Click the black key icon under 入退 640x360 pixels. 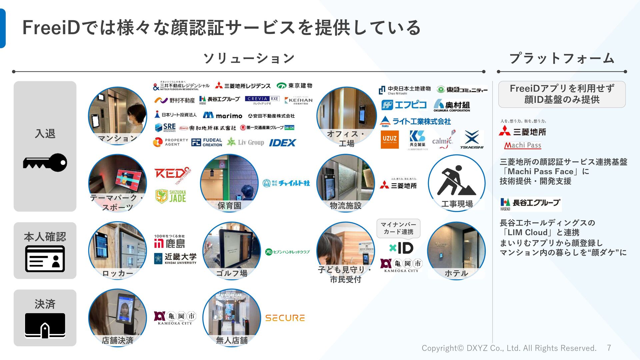(45, 163)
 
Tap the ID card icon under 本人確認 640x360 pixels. (45, 259)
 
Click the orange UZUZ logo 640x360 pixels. (390, 139)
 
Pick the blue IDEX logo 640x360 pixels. (282, 143)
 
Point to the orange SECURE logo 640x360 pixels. (285, 318)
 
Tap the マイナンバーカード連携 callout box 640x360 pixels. (398, 228)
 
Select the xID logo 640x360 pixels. (401, 248)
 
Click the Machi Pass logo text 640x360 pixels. (523, 145)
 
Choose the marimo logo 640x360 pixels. (223, 116)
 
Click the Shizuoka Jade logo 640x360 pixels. (171, 196)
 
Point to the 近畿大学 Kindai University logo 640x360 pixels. (175, 258)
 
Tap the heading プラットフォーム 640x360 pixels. (562, 58)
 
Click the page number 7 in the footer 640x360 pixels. (609, 348)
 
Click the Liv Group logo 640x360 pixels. (246, 142)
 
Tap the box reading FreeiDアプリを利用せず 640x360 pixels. (562, 94)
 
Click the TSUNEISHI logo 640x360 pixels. (472, 139)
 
